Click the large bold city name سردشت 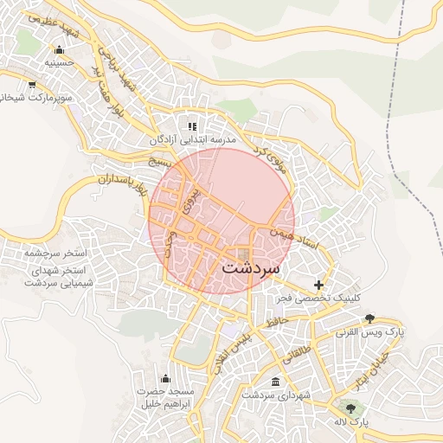[x=252, y=268]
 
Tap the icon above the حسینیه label [x=58, y=49]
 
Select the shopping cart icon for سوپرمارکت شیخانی [x=32, y=85]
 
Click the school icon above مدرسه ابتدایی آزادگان [x=192, y=126]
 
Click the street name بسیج [x=160, y=161]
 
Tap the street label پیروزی [x=192, y=200]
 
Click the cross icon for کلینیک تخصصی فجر [x=318, y=285]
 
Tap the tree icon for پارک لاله [x=350, y=408]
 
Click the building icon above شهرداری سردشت [x=275, y=382]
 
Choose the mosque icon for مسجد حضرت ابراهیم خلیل [x=165, y=378]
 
